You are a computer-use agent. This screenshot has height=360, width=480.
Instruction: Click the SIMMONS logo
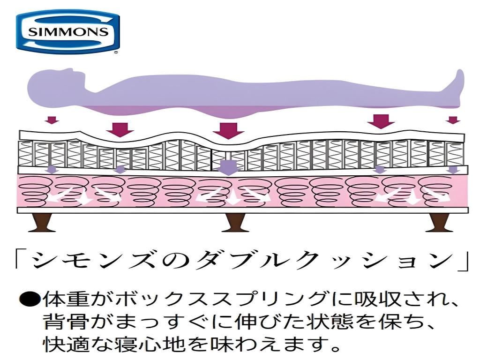coord(67,31)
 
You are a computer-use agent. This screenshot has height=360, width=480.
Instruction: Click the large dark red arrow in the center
coord(228,130)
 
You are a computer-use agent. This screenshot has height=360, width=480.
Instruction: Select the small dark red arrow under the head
coord(52,120)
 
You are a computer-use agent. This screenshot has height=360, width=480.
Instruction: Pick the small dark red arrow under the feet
coord(453,120)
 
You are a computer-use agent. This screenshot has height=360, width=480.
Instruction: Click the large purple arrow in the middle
coord(228,168)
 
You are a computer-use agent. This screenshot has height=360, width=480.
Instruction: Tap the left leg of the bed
coord(40,223)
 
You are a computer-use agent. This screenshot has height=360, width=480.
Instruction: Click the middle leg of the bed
coord(235,223)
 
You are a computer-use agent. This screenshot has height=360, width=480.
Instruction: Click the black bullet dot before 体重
coord(30,300)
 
